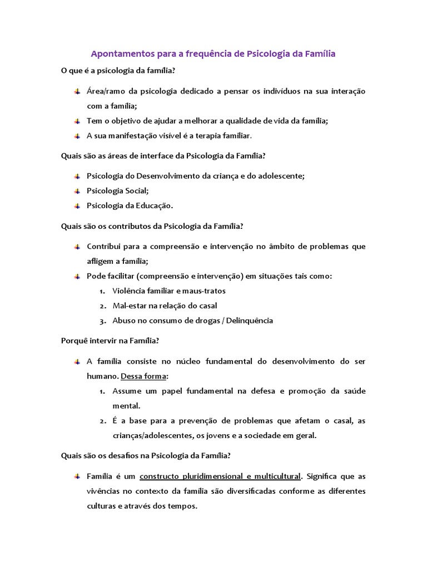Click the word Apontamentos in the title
coord(118,54)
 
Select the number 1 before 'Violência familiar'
coord(102,291)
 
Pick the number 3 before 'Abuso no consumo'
coord(102,321)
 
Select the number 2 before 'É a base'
coord(102,421)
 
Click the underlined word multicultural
coord(274,476)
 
